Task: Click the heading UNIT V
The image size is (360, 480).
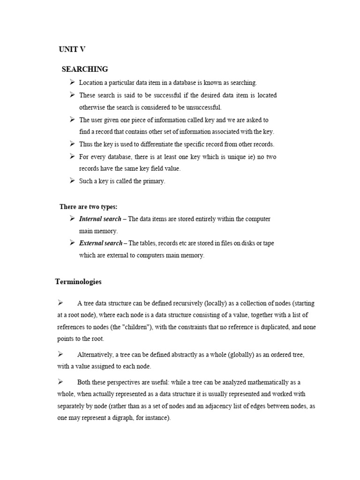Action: tap(72, 49)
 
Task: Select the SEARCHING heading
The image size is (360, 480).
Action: tap(85, 69)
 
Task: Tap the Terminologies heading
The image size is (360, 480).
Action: tap(78, 282)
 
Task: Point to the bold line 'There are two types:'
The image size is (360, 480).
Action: tap(88, 207)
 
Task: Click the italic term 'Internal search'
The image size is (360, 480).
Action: tap(100, 219)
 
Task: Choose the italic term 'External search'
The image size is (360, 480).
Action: tap(100, 243)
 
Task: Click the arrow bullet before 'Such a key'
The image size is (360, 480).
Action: tap(72, 180)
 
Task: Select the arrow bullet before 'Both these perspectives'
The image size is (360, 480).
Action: tap(60, 382)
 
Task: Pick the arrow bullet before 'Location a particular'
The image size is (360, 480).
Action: tap(72, 82)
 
